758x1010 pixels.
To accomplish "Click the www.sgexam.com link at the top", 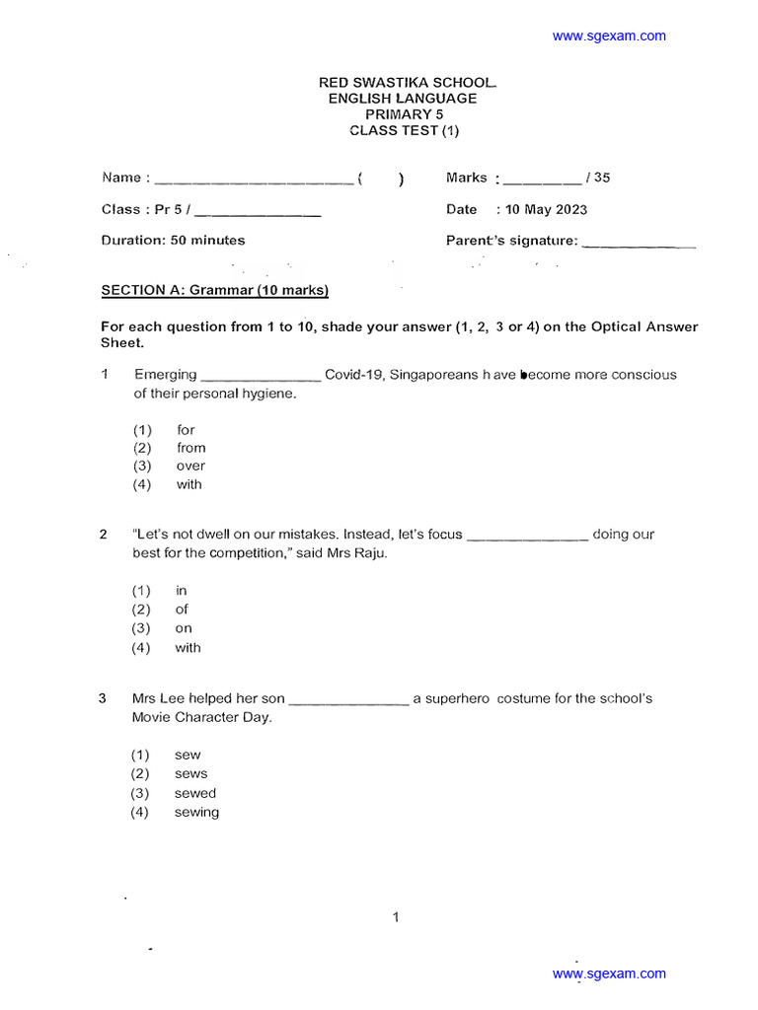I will (x=609, y=36).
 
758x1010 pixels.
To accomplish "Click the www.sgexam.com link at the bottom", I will (x=609, y=974).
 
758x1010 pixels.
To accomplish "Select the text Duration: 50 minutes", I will (x=174, y=240).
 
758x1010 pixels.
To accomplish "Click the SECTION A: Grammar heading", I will (x=215, y=290).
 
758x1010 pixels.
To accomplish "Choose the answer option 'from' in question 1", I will (x=191, y=448).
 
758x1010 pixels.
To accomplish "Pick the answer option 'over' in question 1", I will (x=191, y=466).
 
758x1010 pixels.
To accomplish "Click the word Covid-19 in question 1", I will (x=354, y=375).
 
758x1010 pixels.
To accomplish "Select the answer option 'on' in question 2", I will (x=184, y=628).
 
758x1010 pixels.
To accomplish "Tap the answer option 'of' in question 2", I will (x=183, y=610).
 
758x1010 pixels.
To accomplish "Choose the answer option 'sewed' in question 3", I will (x=195, y=793).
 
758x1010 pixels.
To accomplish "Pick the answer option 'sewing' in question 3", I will (x=197, y=812).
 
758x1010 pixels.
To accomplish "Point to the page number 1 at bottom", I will (x=396, y=917).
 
